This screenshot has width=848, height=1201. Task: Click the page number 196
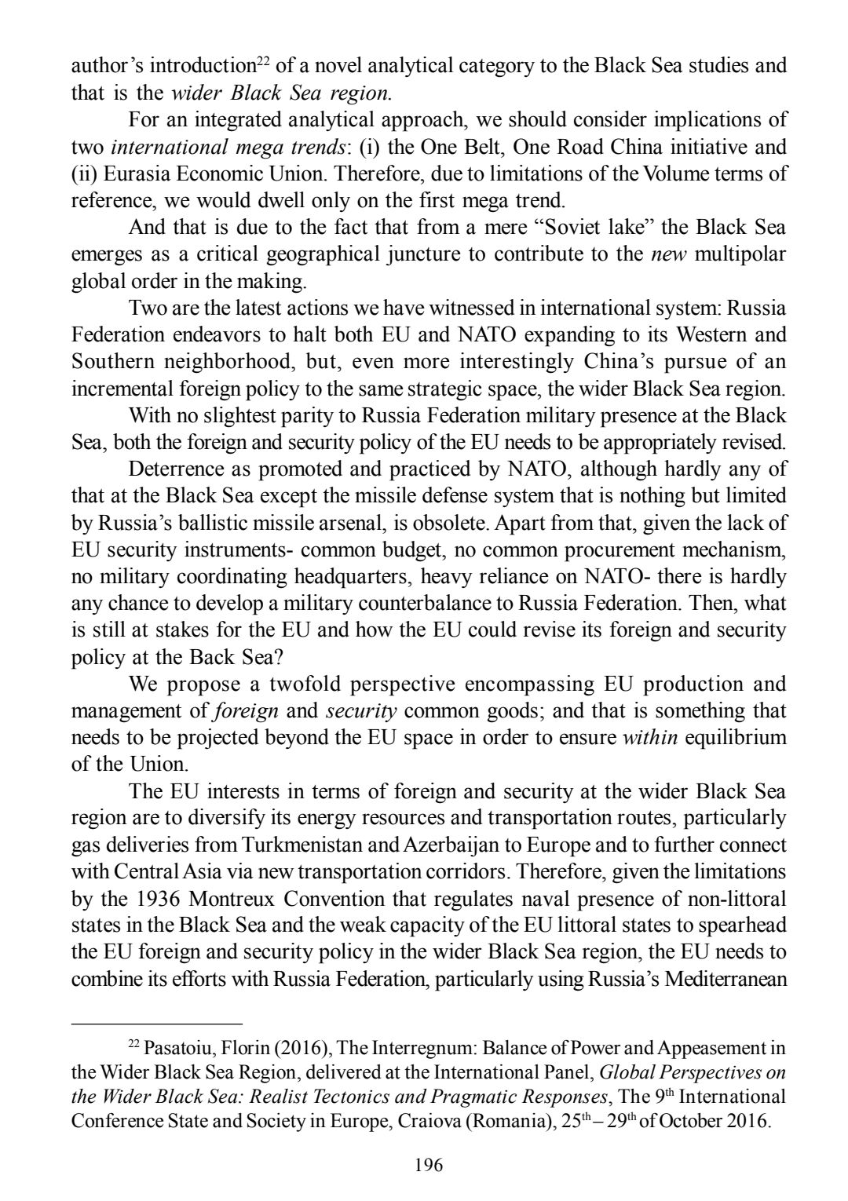pos(429,1165)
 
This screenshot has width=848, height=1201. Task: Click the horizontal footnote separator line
pos(156,1024)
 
